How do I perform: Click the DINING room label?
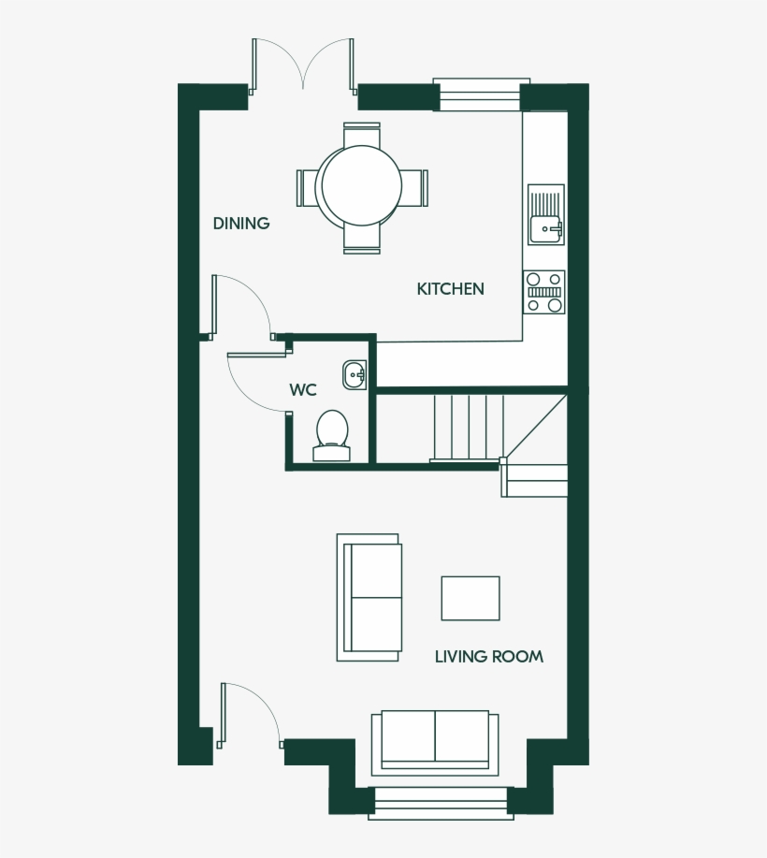tap(241, 224)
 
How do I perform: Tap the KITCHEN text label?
tap(450, 289)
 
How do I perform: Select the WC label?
tap(303, 390)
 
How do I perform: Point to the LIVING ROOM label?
tap(488, 657)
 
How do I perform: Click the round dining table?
tap(361, 186)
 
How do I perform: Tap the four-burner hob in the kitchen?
tap(544, 292)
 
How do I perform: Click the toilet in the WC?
tap(331, 435)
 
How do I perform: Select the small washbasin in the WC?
tap(355, 373)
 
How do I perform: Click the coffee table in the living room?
tap(470, 598)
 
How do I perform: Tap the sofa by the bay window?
tap(434, 740)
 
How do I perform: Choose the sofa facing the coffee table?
tap(371, 598)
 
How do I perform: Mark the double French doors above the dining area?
tap(302, 65)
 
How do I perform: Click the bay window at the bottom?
tap(441, 802)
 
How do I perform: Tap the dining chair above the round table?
tap(362, 135)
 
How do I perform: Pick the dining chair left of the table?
tap(307, 187)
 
